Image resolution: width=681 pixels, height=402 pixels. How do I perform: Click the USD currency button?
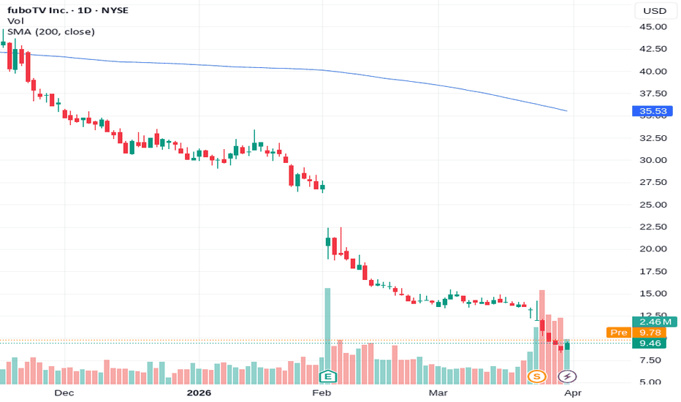click(x=655, y=11)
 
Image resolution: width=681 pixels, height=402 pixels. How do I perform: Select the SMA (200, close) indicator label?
click(x=51, y=31)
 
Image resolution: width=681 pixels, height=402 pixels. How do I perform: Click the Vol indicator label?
click(x=15, y=21)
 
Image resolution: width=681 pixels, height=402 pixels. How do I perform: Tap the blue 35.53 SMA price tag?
click(x=653, y=111)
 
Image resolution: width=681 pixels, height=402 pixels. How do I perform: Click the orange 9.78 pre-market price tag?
click(x=650, y=333)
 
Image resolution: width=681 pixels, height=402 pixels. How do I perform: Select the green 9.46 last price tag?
click(x=650, y=344)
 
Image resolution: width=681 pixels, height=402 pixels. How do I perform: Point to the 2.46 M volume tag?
click(x=655, y=322)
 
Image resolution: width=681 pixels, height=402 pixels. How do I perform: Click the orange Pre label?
click(x=618, y=333)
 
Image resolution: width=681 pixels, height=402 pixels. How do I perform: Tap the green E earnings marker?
click(x=328, y=376)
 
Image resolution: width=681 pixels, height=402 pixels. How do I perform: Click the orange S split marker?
click(x=537, y=376)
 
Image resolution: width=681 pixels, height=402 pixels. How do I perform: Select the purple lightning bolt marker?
click(x=567, y=376)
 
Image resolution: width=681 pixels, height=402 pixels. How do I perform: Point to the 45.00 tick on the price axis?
click(x=653, y=27)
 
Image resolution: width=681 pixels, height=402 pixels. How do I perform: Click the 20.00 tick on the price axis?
click(x=653, y=249)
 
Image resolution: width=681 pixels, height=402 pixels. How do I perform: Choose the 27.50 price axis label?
click(x=653, y=182)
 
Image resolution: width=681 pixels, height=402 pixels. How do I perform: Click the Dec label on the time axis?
click(x=64, y=393)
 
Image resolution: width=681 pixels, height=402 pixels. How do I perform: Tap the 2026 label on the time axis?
click(x=199, y=393)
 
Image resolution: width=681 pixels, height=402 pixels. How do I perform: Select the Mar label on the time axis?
click(x=438, y=393)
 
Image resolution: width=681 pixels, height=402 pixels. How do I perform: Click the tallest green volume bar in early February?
click(x=327, y=336)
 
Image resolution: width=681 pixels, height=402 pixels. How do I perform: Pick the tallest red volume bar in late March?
click(x=542, y=337)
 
